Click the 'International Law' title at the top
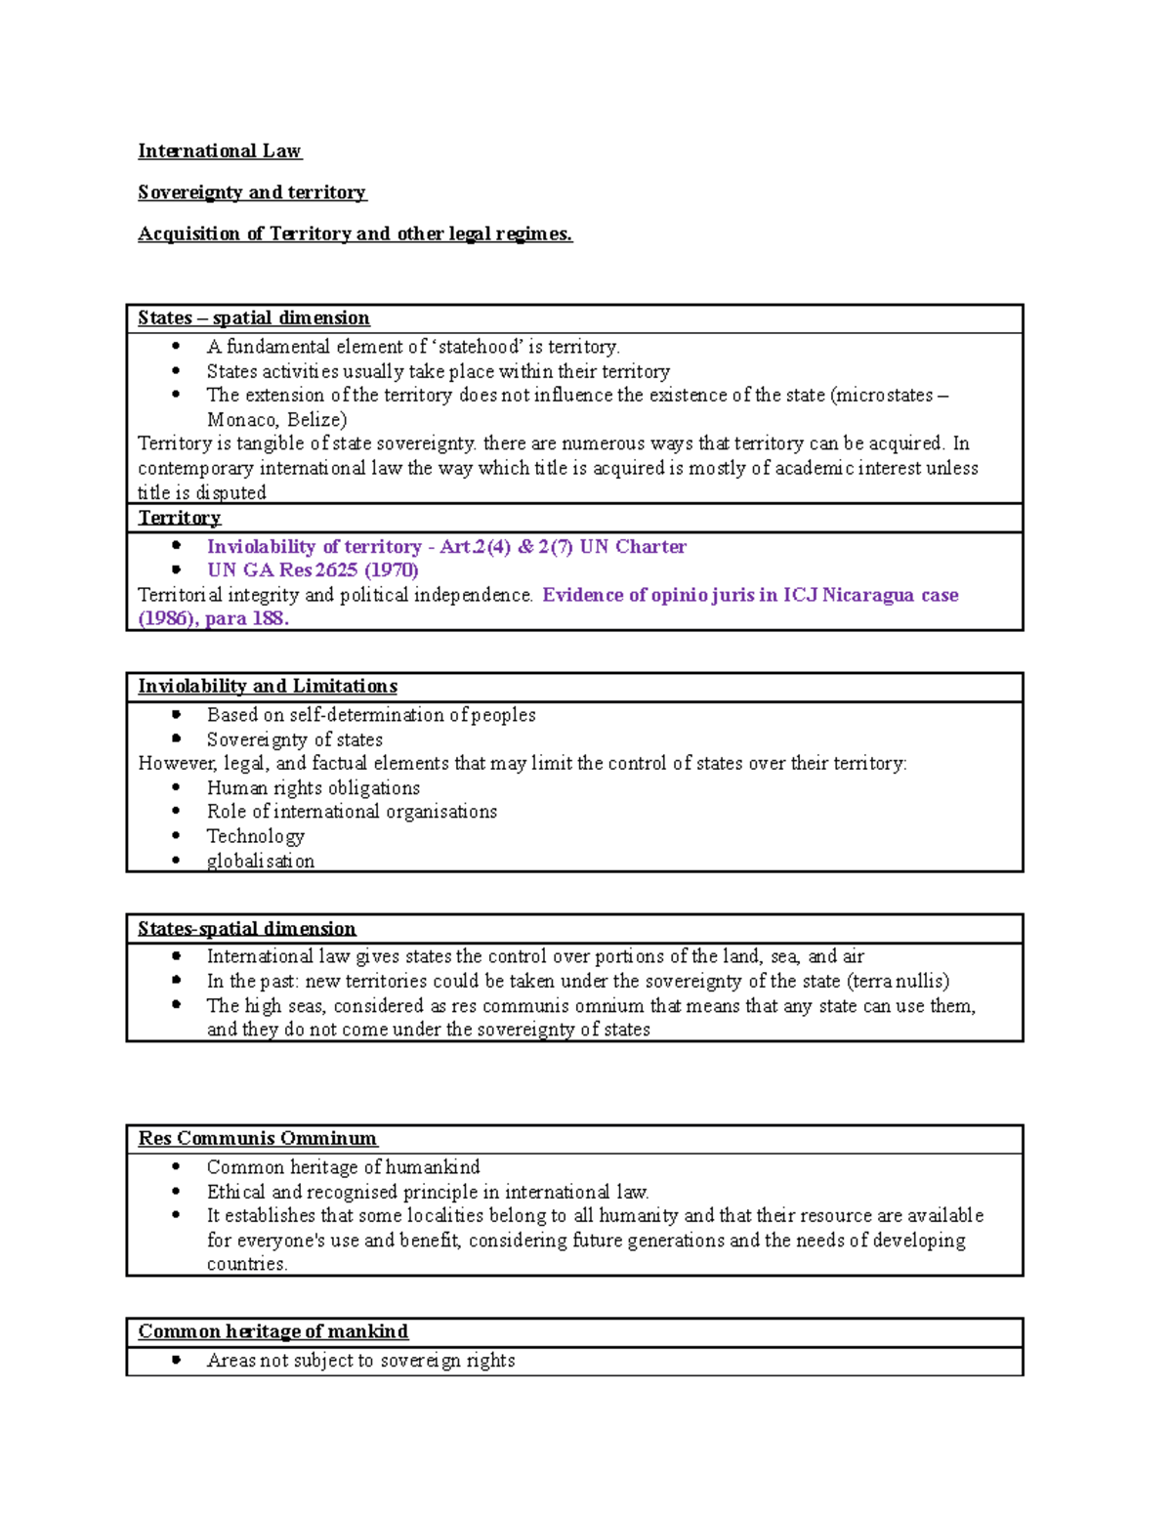220,151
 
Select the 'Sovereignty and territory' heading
252,192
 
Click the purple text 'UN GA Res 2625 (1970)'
313,570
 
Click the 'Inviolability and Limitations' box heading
268,687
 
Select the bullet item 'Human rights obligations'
313,788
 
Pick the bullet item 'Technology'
256,836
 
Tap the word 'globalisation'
261,861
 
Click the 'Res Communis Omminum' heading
257,1139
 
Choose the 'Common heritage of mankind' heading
273,1332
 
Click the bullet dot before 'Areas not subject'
177,1360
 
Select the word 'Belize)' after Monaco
316,420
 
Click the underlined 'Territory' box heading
180,518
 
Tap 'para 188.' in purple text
247,619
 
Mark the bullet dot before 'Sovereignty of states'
177,739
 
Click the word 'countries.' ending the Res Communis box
247,1264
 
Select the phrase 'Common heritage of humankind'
343,1167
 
